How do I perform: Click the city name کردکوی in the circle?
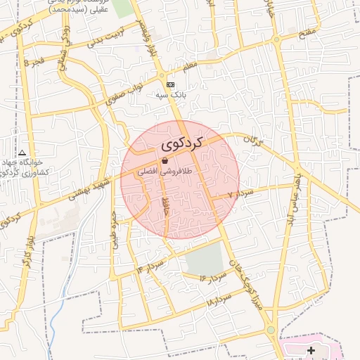[x=181, y=144]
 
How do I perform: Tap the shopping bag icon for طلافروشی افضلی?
[x=164, y=161]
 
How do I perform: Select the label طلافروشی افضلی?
[x=167, y=171]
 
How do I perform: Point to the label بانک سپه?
[x=170, y=94]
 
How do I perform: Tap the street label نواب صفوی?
[x=124, y=92]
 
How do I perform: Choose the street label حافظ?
[x=166, y=208]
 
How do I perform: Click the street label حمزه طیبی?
[x=115, y=229]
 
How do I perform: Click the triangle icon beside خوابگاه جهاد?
[x=22, y=153]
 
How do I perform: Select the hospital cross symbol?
[x=311, y=350]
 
